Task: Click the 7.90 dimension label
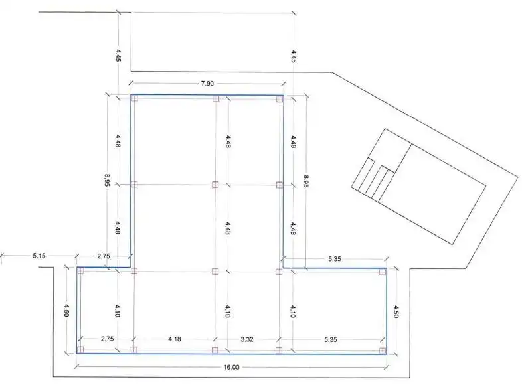[207, 83]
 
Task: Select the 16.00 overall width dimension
[231, 367]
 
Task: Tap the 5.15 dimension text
[39, 256]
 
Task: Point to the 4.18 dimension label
[175, 339]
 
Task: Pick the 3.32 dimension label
[246, 339]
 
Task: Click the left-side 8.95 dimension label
[106, 180]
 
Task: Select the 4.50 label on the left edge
[66, 311]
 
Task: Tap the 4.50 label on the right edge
[396, 312]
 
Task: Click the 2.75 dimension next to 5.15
[103, 256]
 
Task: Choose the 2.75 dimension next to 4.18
[107, 339]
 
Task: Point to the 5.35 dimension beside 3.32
[330, 339]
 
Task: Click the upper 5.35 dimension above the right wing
[334, 258]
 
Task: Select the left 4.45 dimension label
[118, 56]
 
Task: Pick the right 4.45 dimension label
[294, 56]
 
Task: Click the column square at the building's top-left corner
[135, 98]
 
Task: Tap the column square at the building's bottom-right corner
[383, 350]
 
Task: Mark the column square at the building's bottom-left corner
[80, 349]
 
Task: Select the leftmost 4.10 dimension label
[117, 311]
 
